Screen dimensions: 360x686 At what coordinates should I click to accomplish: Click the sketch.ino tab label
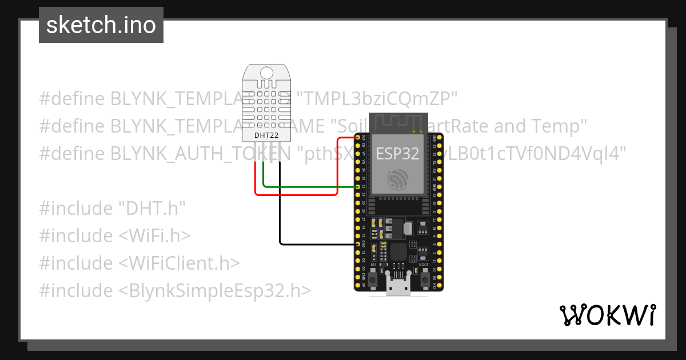point(101,25)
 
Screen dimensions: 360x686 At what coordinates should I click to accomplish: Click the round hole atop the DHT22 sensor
point(266,73)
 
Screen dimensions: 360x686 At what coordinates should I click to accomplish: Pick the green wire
point(309,186)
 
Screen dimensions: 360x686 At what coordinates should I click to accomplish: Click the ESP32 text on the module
point(397,153)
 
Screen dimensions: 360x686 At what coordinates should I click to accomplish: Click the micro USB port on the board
point(398,287)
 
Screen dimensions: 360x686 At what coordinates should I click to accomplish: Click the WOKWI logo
point(607,315)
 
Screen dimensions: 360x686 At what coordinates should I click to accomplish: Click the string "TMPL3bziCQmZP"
point(381,98)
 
